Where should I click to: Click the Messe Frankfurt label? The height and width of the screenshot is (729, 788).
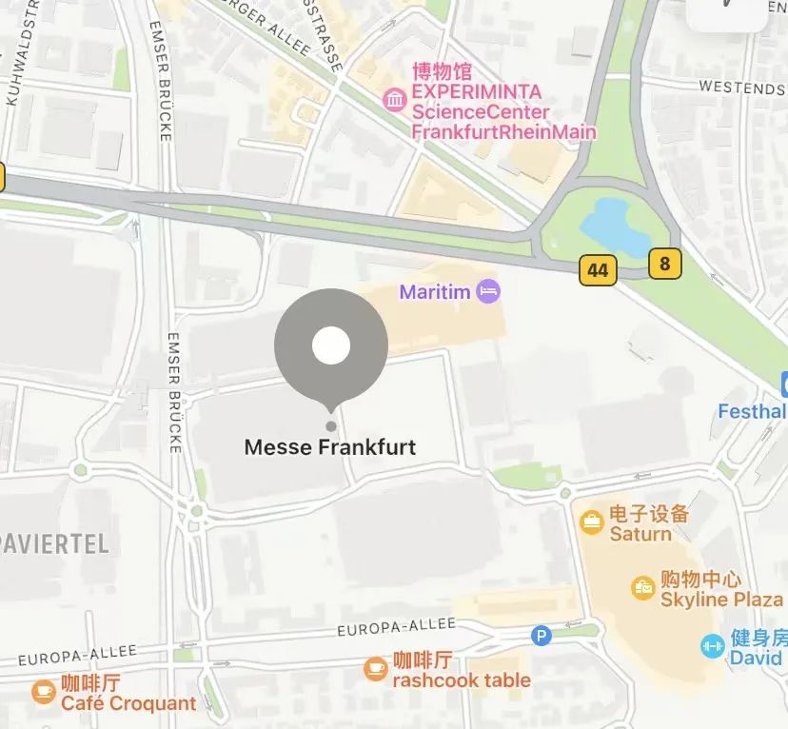point(330,446)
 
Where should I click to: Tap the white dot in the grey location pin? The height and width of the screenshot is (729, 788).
point(331,345)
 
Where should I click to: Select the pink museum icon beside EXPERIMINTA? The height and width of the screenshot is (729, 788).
point(394,98)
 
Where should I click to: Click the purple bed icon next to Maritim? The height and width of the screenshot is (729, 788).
point(488,291)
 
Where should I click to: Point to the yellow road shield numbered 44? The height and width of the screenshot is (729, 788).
point(598,270)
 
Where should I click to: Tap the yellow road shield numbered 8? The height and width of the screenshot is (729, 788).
point(664,263)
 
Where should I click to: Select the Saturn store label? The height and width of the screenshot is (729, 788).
point(640,534)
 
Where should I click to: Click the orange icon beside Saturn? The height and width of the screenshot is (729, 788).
point(592,522)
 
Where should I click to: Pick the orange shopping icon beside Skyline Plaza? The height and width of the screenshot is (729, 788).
point(643,588)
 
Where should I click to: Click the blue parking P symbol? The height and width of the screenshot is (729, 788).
point(542,635)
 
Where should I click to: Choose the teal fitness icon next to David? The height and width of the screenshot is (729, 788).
point(712,646)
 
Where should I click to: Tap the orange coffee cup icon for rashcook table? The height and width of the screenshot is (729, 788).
point(376,669)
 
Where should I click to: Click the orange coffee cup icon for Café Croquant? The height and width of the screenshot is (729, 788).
point(44,692)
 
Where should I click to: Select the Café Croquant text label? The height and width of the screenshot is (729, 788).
point(128,704)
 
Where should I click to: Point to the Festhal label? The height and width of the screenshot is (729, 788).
point(752,412)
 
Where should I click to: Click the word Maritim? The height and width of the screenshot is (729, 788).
point(435,291)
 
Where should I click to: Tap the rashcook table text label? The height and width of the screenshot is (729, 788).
point(462,680)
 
